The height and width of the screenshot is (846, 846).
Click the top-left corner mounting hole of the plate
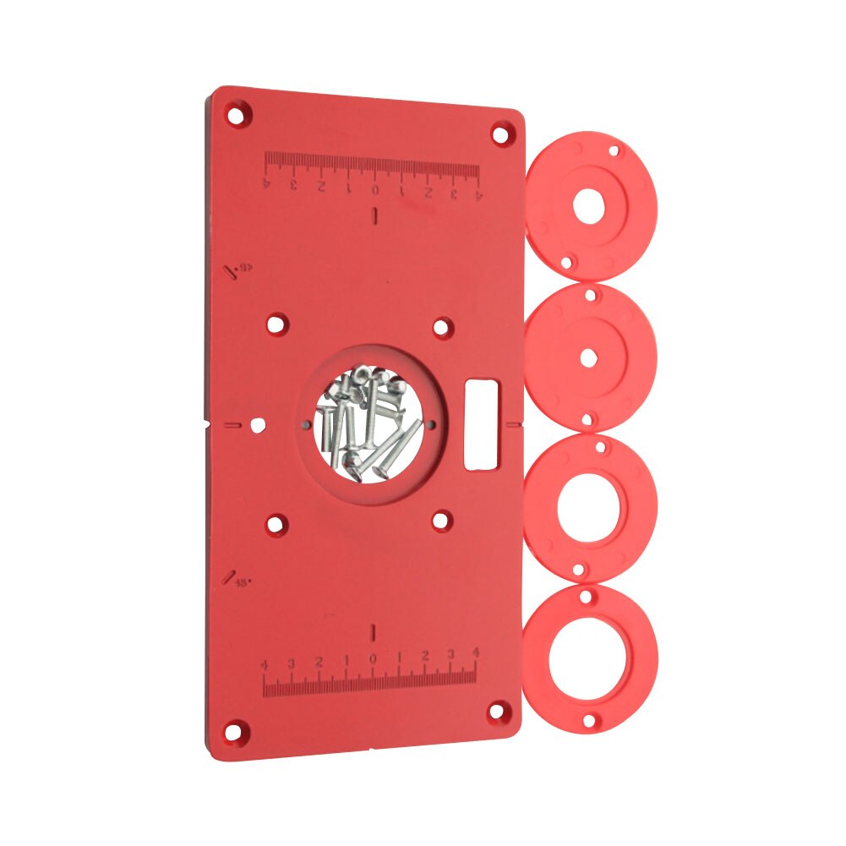[238, 112]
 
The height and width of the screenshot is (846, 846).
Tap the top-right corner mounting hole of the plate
[501, 133]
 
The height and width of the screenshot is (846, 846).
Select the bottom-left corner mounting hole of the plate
[237, 728]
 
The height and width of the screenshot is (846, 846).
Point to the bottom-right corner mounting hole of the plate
[499, 710]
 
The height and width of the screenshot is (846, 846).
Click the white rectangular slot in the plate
[482, 421]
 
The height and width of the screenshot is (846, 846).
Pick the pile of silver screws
[364, 423]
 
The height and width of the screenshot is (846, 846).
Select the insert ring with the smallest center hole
[589, 357]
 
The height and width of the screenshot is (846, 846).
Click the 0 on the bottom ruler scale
[373, 659]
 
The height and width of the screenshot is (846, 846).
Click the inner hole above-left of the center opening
[276, 325]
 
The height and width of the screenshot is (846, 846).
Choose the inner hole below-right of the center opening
[440, 520]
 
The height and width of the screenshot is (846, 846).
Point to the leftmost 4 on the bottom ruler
[265, 665]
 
